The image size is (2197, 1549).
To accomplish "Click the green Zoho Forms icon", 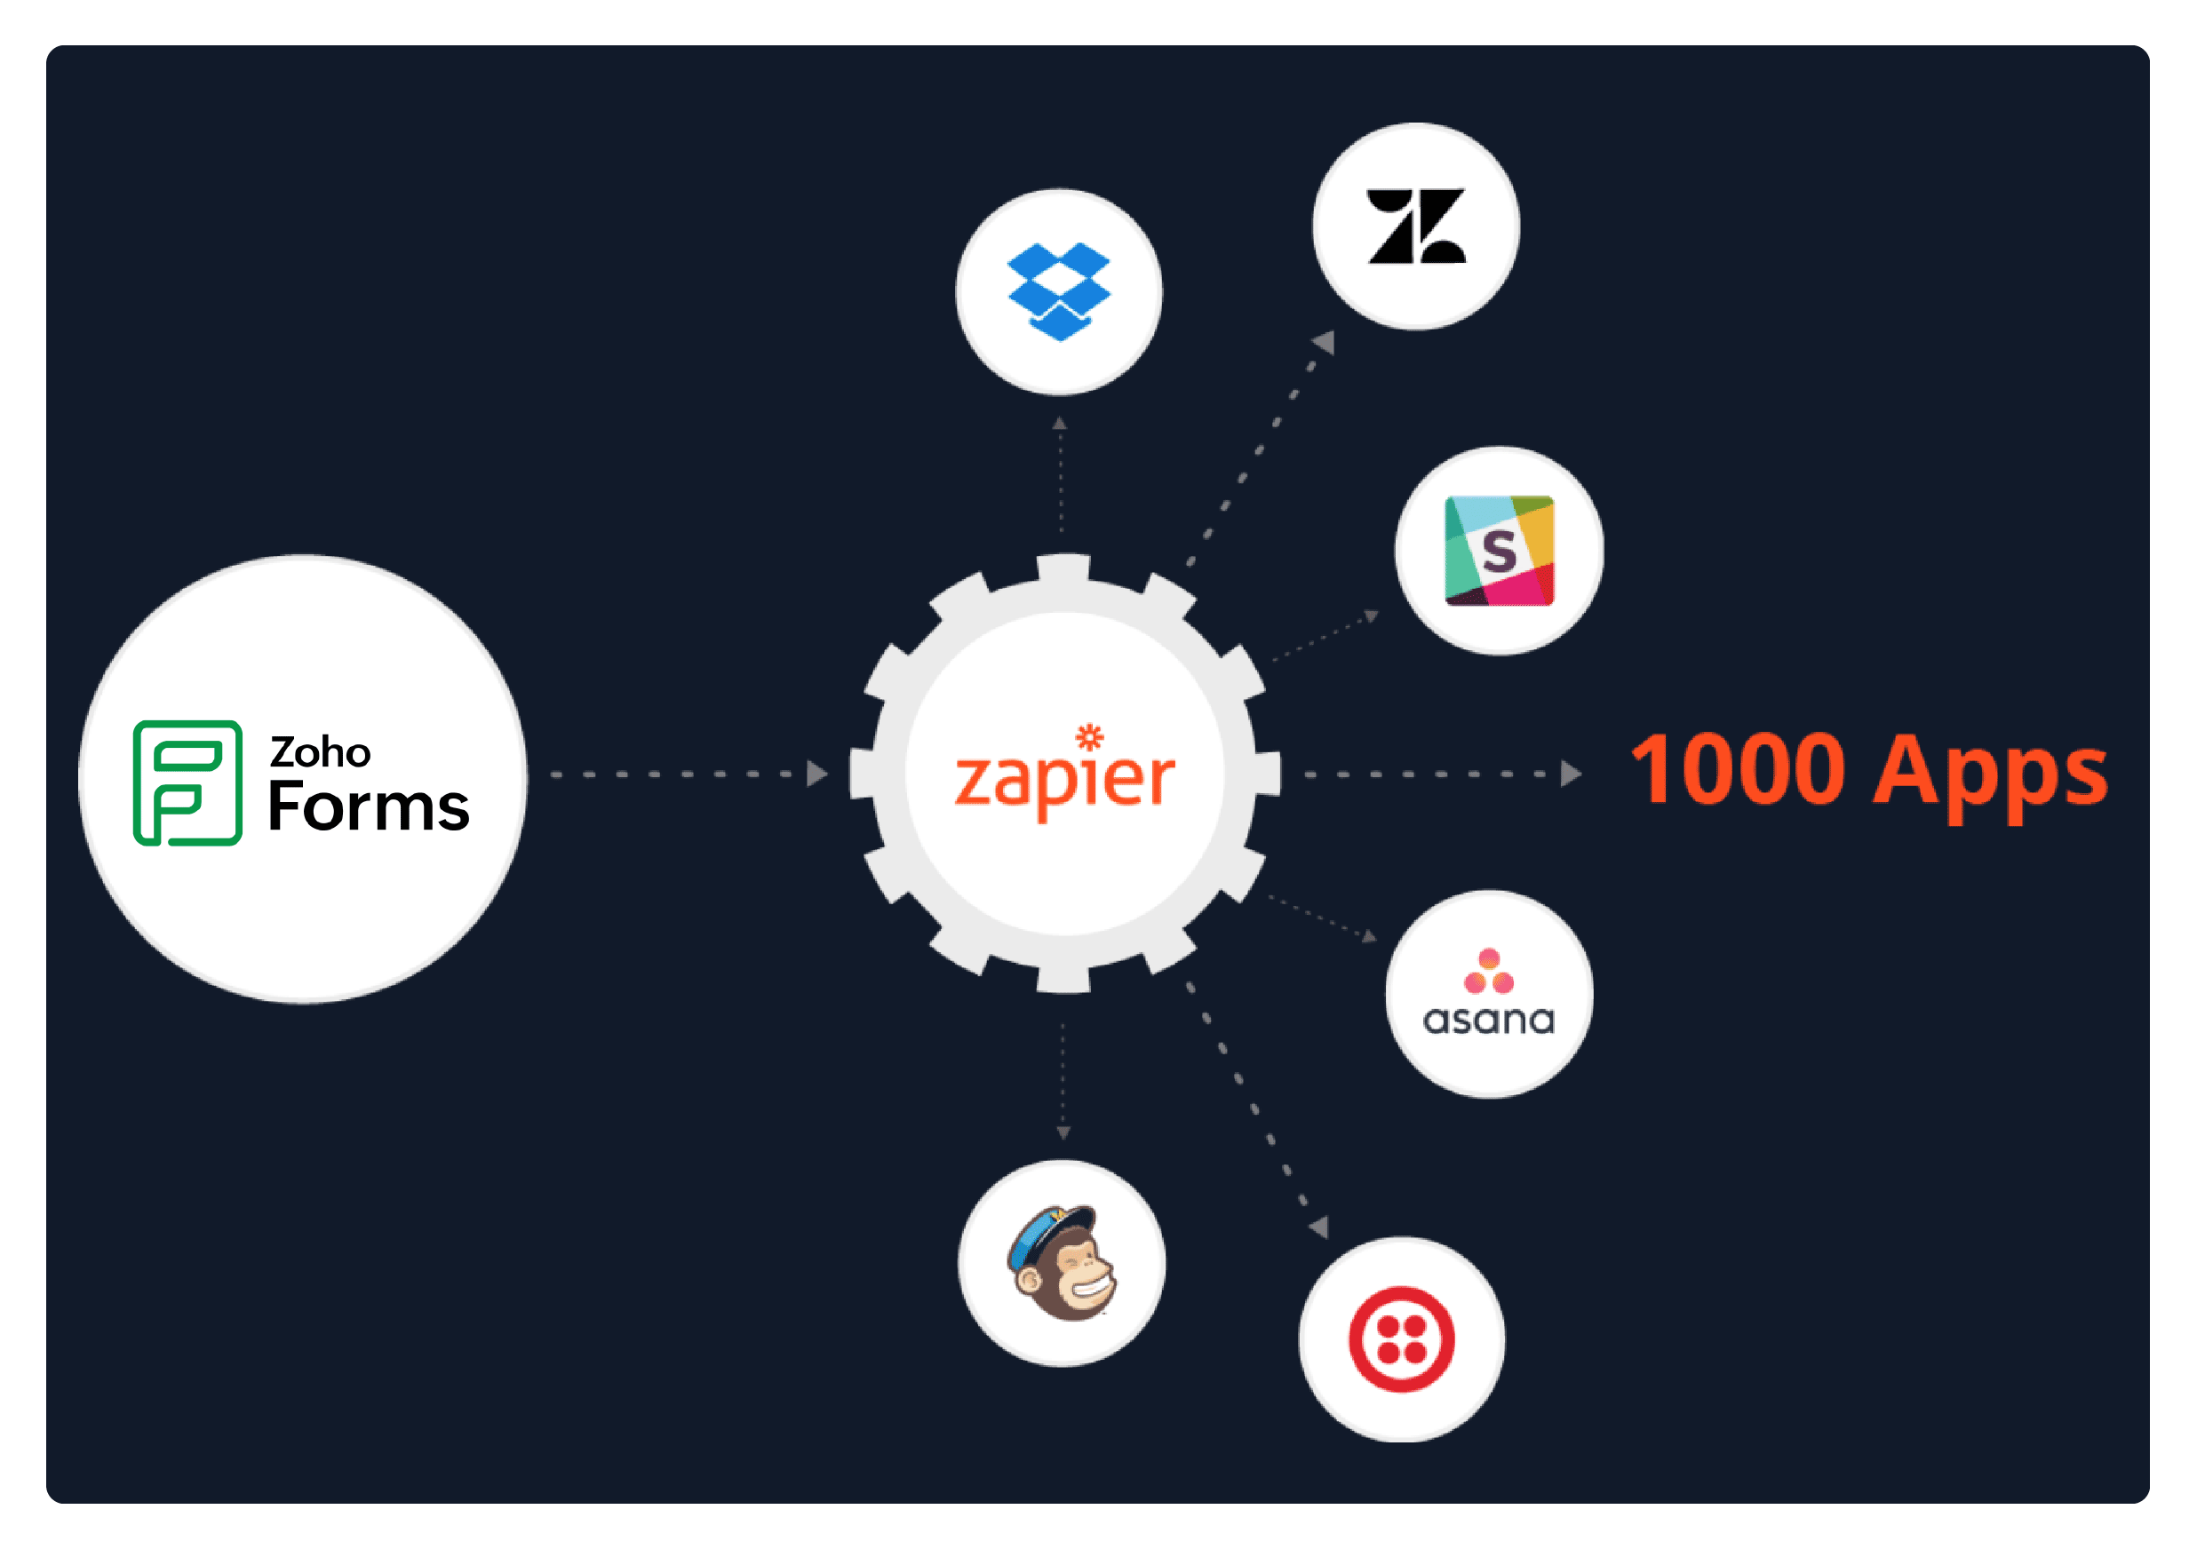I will pyautogui.click(x=187, y=782).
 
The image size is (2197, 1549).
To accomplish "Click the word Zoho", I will pyautogui.click(x=320, y=753).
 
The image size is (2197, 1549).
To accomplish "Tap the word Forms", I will pyautogui.click(x=369, y=806).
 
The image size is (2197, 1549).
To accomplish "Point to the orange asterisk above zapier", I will pyautogui.click(x=1089, y=736).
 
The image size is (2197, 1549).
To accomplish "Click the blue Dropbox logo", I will pyautogui.click(x=1058, y=290).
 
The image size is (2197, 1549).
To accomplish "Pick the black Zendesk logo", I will pyautogui.click(x=1416, y=226).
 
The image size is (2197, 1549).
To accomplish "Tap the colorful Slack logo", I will pyautogui.click(x=1499, y=550).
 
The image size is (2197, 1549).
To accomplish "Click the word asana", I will pyautogui.click(x=1489, y=1020).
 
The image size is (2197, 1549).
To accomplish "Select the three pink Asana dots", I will pyautogui.click(x=1489, y=971).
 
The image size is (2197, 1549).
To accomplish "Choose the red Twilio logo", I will pyautogui.click(x=1402, y=1338).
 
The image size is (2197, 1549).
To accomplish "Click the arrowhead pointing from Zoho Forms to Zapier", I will pyautogui.click(x=816, y=773).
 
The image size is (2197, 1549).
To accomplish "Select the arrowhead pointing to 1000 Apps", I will pyautogui.click(x=1571, y=773).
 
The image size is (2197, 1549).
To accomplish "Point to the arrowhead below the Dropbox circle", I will pyautogui.click(x=1059, y=423).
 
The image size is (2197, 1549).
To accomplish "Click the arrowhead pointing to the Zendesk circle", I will pyautogui.click(x=1325, y=343).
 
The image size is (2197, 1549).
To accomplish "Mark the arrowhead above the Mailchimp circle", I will pyautogui.click(x=1063, y=1132).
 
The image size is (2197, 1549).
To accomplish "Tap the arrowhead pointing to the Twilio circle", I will pyautogui.click(x=1319, y=1227).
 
